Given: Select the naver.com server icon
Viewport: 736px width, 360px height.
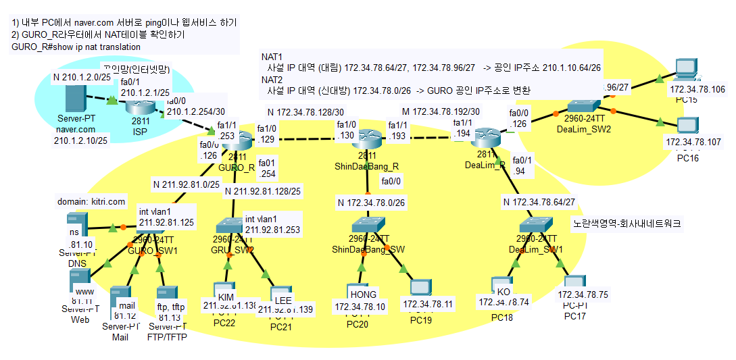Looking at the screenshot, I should coord(75,99).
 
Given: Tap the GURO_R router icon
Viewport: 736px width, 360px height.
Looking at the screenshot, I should coord(235,142).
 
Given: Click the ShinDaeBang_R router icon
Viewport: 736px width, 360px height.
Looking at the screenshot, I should coord(367,140).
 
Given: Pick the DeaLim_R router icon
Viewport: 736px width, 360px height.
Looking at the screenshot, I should coord(485,138).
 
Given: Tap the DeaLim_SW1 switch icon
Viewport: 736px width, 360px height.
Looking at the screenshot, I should coord(537,226).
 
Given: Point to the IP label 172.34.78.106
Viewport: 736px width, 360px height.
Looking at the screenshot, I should coord(696,89).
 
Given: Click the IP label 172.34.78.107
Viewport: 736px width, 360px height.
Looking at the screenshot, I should coord(693,142).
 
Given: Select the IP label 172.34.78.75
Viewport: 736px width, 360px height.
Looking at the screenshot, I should coord(583,294).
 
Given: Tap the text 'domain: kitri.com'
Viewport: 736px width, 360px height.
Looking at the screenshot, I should coord(90,201).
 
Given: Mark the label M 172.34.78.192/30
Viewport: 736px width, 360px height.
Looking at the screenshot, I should coord(441,111).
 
